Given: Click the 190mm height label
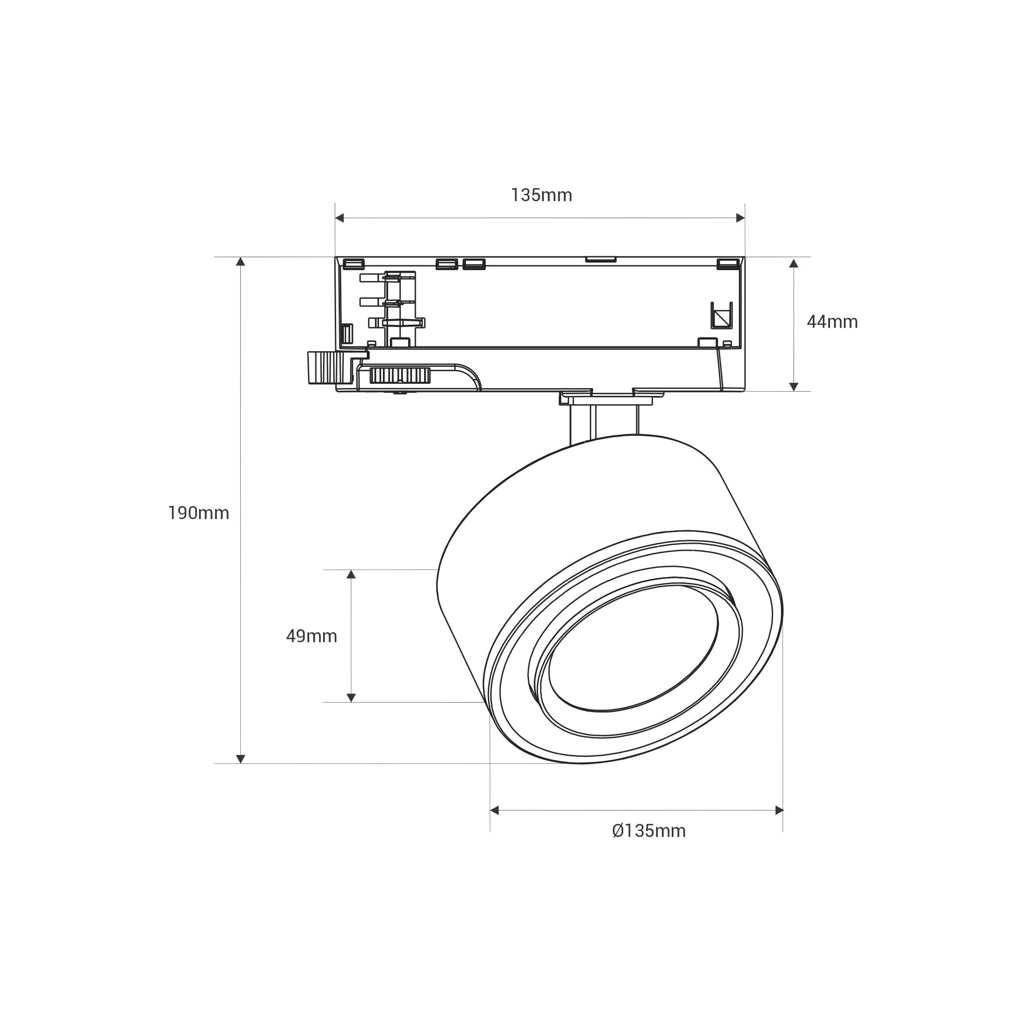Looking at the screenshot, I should [199, 513].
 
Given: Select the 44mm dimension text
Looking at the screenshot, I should [832, 322].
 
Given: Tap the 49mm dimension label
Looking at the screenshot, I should [311, 636].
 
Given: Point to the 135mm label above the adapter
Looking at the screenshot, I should [541, 196].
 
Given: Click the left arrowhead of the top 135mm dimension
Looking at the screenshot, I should [340, 218].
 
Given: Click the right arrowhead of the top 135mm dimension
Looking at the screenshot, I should [740, 218].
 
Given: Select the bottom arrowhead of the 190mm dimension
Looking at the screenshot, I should [241, 759].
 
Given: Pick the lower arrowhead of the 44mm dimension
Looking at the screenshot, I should [794, 387].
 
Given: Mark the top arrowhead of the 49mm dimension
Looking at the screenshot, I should [351, 574].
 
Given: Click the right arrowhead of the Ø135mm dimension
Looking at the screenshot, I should [779, 810].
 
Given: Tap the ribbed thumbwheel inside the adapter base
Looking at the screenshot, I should [399, 376].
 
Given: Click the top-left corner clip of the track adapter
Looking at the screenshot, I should [354, 263].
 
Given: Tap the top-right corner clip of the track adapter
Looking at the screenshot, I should [728, 263].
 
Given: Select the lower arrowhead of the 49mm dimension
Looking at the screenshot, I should [351, 698].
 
